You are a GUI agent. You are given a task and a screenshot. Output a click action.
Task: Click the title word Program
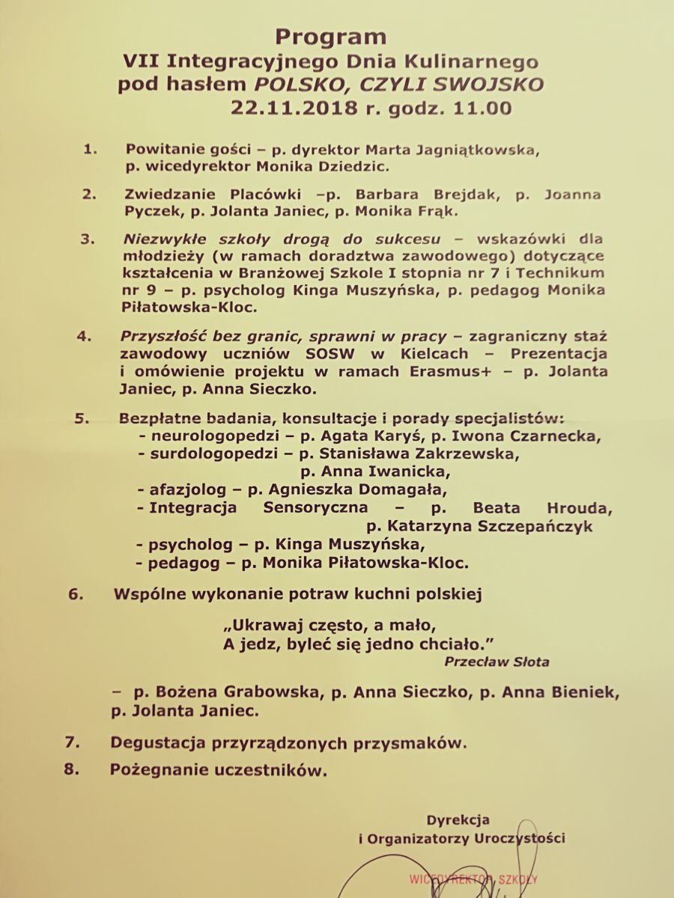point(330,36)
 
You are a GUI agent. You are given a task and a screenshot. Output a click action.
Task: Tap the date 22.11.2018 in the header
point(295,108)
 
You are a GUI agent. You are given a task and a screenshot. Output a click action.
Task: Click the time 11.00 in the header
point(484,108)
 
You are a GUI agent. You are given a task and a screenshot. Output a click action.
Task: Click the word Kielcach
point(434,353)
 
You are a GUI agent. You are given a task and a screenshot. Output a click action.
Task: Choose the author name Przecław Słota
point(497,662)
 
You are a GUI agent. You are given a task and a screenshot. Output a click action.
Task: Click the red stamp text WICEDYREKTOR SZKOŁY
point(473,880)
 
